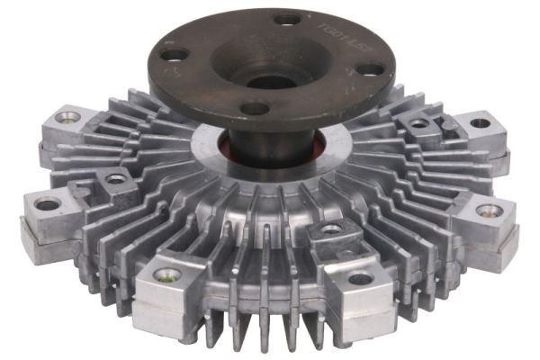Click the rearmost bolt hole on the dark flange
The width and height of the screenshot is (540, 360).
pos(287,19)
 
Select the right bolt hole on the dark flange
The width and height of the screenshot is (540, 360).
pos(371,67)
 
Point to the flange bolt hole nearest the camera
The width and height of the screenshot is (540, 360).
pos(255,108)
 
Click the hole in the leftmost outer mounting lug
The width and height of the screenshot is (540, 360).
pos(48,204)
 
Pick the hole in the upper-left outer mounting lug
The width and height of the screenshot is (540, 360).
pos(68,117)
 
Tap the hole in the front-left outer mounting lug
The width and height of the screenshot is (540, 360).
pos(167,274)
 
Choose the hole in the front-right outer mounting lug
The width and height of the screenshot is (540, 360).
pos(361,278)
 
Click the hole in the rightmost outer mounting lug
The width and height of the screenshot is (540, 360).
pos(489,211)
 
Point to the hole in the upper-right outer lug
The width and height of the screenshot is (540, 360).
pos(481,123)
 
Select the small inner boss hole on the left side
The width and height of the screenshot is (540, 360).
pos(116,179)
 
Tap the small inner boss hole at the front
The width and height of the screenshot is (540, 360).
pos(331,229)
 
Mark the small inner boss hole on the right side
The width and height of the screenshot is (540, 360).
pos(419,123)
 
